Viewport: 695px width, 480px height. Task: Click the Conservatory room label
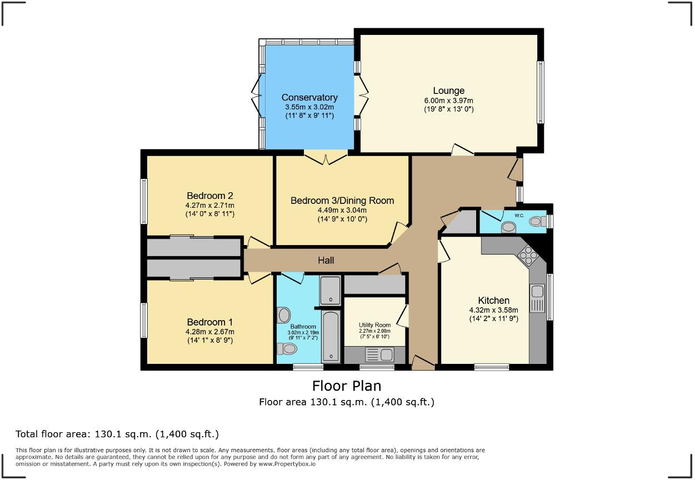(309, 97)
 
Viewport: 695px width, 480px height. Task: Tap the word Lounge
(448, 91)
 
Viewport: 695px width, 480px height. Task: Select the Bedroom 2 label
(209, 196)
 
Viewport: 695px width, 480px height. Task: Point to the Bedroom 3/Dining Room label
(342, 201)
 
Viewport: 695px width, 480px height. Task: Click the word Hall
(326, 260)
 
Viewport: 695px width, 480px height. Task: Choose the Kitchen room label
(493, 301)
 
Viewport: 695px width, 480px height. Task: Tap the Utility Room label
(374, 325)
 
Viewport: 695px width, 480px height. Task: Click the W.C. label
(519, 215)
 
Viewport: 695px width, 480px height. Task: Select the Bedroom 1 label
(209, 322)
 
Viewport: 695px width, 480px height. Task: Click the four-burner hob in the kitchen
(527, 256)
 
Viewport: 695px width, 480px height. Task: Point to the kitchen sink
(537, 298)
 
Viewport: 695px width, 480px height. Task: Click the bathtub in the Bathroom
(331, 336)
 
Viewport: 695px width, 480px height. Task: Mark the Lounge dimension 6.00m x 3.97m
(448, 101)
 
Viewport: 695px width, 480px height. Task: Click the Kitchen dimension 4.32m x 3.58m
(493, 310)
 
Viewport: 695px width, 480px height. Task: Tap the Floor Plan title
(347, 386)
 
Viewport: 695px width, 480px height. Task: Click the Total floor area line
(117, 434)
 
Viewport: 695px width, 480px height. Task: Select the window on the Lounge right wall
(539, 92)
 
